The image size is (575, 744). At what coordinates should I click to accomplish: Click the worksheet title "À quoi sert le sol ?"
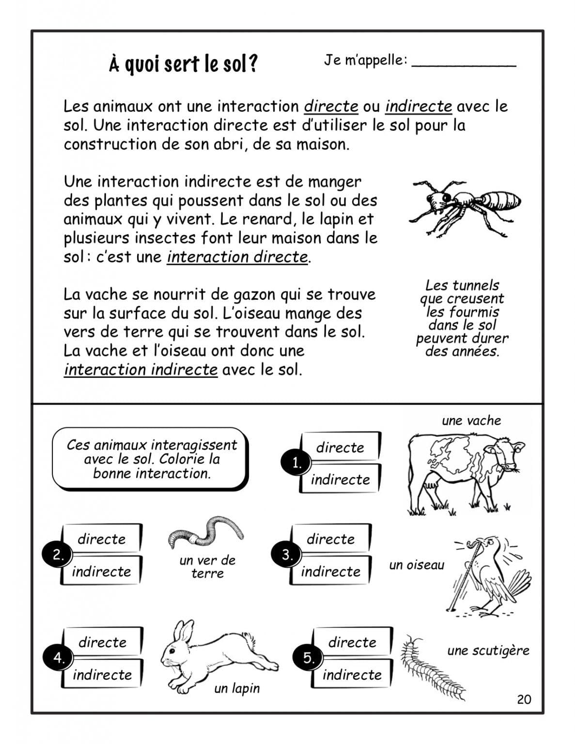pos(183,63)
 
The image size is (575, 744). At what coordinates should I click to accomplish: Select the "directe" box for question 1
pos(340,447)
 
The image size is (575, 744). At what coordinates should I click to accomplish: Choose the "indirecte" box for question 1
pos(340,480)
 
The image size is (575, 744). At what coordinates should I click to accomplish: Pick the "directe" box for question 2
pos(102,539)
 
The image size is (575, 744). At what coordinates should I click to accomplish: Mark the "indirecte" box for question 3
pos(331,571)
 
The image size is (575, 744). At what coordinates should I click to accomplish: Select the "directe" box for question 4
pos(103,642)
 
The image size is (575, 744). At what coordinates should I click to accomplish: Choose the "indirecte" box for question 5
pos(352,674)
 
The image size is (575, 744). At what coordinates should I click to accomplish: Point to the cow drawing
pos(463,472)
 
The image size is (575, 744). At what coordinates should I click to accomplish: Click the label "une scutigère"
pos(488,651)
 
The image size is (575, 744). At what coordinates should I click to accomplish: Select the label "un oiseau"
pos(417,565)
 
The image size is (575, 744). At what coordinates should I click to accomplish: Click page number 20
pos(524,699)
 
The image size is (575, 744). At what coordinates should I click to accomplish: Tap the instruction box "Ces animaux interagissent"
pos(151,459)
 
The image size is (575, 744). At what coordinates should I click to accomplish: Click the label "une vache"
pos(471,420)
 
